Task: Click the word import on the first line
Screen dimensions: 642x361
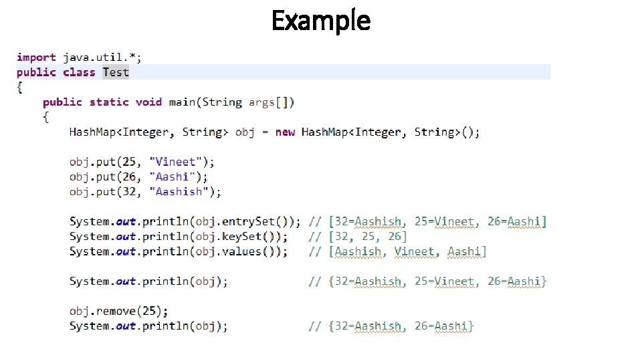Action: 37,57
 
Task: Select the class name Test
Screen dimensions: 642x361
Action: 116,72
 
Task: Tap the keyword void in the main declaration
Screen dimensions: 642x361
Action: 148,102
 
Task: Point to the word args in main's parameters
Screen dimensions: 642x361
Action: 261,102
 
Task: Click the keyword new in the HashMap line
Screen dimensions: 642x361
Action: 285,132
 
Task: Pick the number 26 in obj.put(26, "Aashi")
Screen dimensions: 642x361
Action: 131,176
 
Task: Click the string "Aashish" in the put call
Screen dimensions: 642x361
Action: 179,192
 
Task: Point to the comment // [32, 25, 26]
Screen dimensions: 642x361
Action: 358,237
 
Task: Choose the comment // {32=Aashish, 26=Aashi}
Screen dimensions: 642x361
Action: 391,326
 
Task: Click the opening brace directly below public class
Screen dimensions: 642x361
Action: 20,87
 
